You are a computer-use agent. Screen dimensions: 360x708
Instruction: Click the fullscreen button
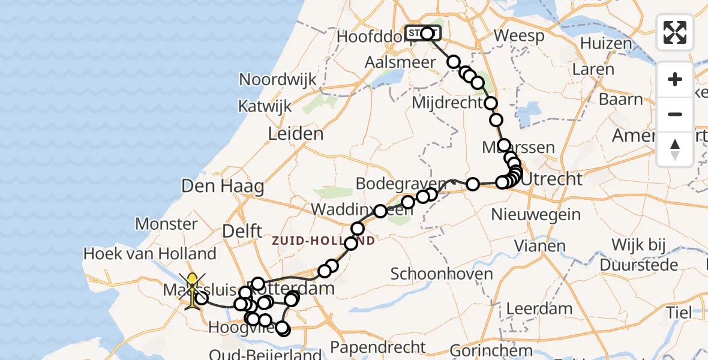coord(675,32)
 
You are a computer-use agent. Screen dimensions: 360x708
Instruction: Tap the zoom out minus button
coord(675,114)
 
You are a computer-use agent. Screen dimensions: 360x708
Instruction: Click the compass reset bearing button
coord(675,149)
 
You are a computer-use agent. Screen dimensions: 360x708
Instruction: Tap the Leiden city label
coord(295,133)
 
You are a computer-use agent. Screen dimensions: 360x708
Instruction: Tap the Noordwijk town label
coord(277,79)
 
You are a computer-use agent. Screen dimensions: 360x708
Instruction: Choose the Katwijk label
coord(265,106)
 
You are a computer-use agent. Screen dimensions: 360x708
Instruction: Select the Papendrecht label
coord(378,347)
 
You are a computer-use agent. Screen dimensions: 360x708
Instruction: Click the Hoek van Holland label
coord(149,254)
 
